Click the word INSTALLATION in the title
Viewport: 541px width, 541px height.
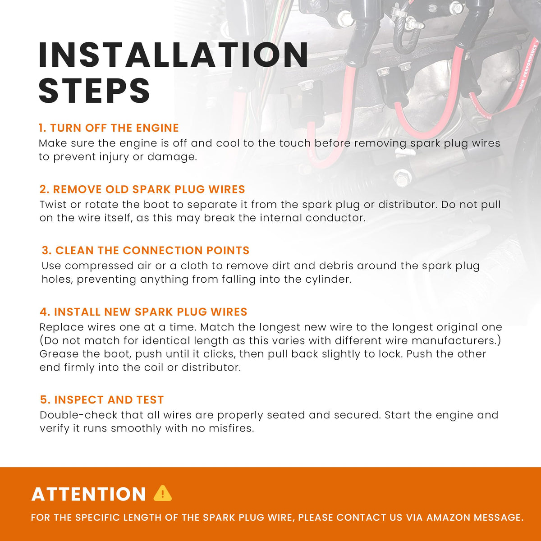point(174,55)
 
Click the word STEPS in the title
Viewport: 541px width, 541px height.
point(94,91)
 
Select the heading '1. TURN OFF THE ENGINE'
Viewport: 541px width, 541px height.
point(109,128)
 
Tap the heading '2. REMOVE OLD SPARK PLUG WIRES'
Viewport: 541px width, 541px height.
point(142,189)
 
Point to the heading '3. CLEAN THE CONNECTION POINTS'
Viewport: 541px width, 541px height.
point(146,250)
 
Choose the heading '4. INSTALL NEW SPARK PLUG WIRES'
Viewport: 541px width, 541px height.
point(143,312)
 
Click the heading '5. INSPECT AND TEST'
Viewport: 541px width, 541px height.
point(102,400)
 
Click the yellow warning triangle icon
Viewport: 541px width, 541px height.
point(163,493)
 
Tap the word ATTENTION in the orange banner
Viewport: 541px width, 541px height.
point(89,494)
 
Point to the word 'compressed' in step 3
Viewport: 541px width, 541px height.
point(99,266)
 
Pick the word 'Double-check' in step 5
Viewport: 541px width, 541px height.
point(78,415)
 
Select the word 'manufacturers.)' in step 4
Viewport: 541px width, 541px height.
point(456,340)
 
